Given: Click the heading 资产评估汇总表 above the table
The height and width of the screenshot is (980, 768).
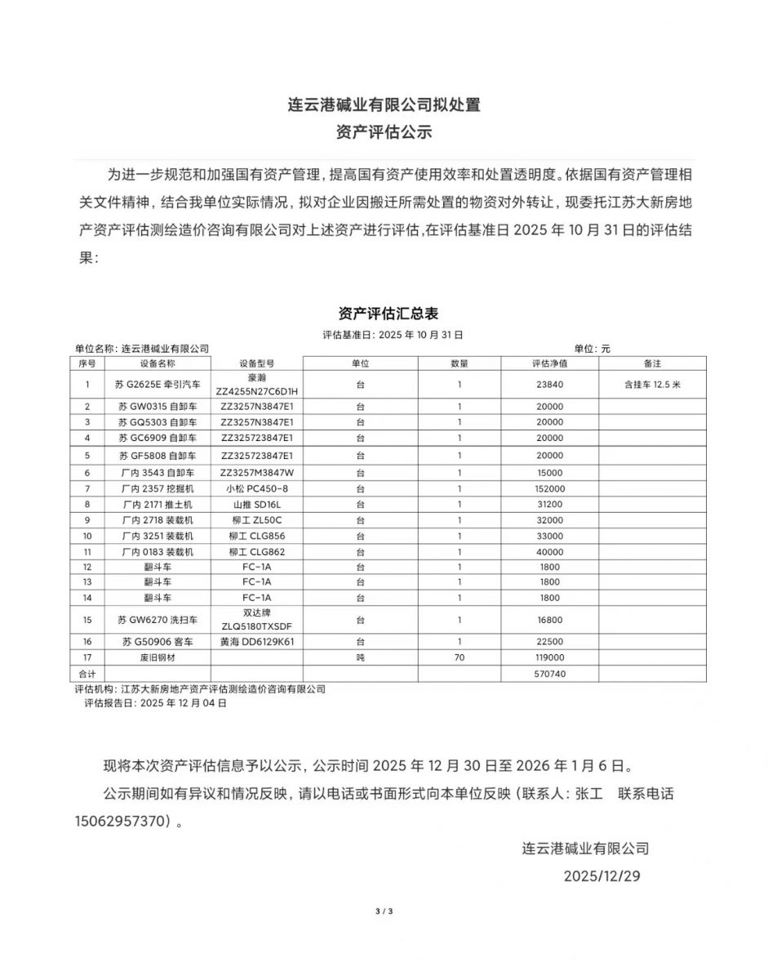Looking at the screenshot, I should click(384, 314).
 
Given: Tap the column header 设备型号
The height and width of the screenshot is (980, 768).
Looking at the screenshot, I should click(256, 363).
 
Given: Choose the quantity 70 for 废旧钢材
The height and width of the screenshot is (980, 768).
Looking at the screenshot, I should click(459, 658).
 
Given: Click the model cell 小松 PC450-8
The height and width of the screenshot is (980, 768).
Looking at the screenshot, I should click(256, 488).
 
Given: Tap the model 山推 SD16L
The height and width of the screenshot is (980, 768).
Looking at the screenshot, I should click(256, 505).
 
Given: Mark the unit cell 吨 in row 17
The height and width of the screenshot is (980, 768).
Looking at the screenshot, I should click(360, 658).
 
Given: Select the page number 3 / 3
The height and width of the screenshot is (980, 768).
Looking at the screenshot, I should click(384, 911).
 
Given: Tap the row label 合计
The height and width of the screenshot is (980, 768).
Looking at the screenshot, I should click(86, 675).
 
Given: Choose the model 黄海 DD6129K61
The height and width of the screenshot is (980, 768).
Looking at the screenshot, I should click(256, 642).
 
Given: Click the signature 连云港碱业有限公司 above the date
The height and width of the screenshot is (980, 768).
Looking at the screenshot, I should click(585, 848).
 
